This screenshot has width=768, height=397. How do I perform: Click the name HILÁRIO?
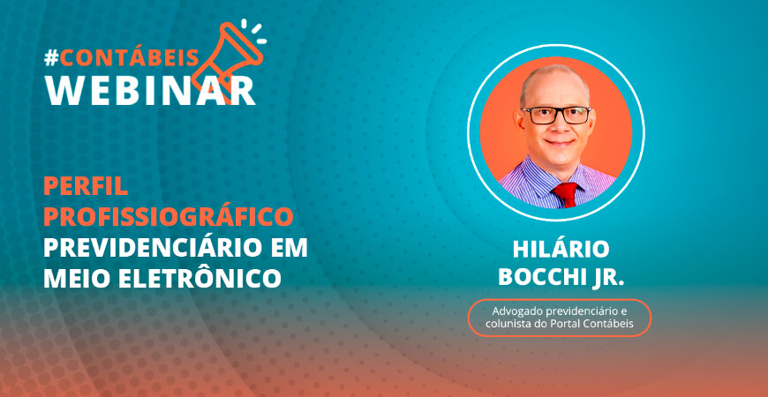(561, 250)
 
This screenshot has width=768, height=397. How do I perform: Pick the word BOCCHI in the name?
(538, 277)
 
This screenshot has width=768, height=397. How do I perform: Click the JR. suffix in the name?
(605, 277)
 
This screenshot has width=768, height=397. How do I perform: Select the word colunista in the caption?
(510, 325)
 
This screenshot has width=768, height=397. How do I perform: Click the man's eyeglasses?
(556, 115)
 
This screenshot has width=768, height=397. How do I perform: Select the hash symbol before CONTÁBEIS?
(52, 58)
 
